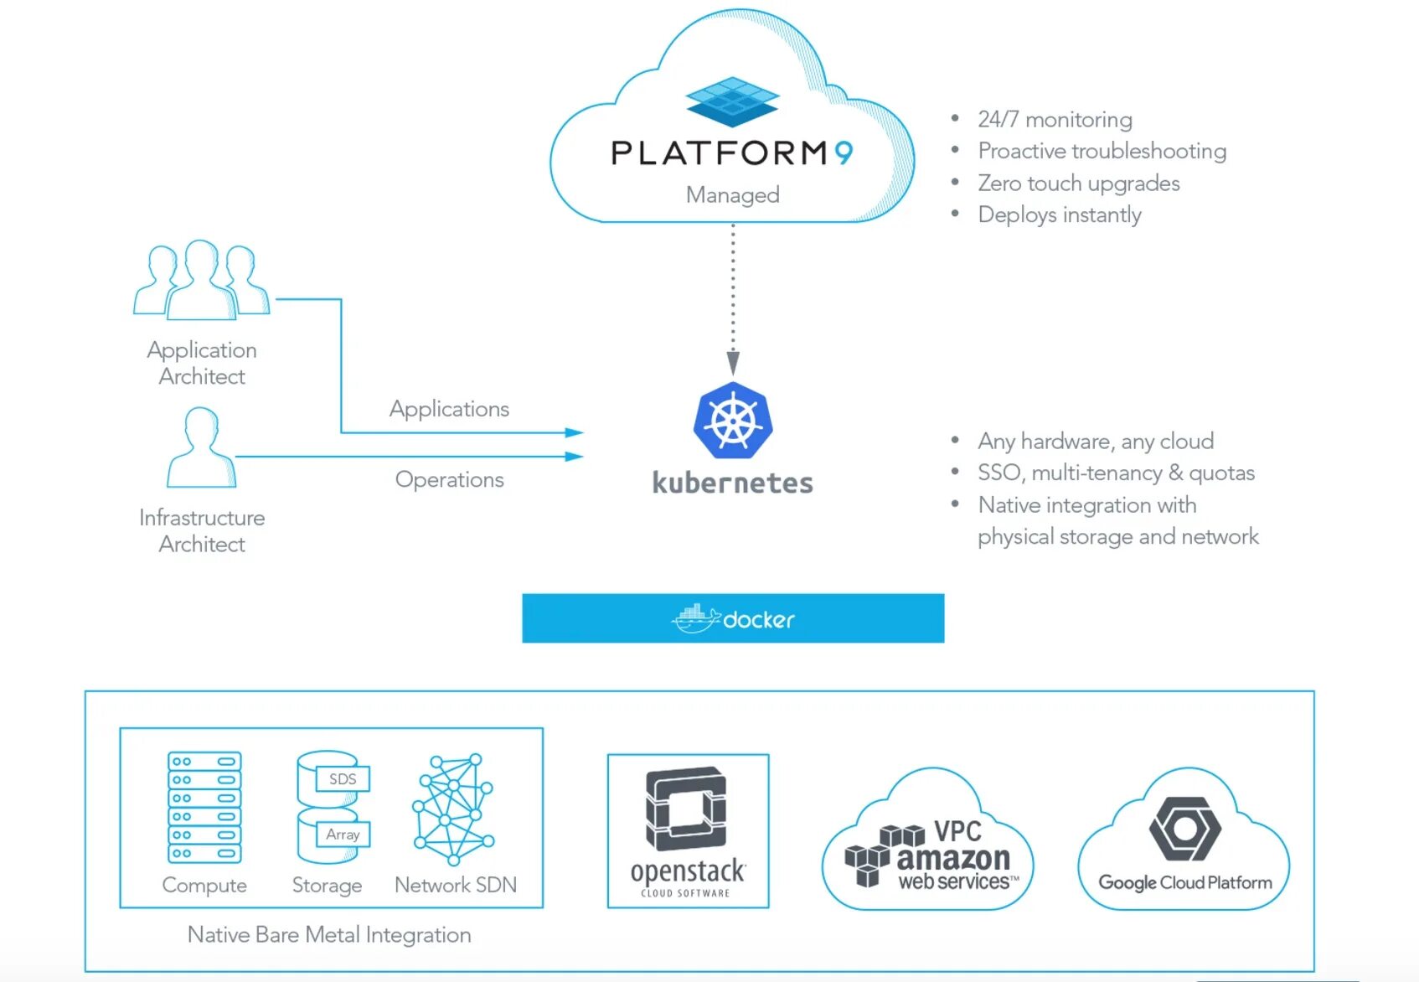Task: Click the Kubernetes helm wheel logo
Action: pyautogui.click(x=733, y=420)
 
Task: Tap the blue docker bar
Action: pyautogui.click(x=733, y=618)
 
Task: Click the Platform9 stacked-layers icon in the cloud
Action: pyautogui.click(x=732, y=101)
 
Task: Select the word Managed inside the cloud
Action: pyautogui.click(x=732, y=194)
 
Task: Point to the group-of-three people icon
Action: pyautogui.click(x=201, y=279)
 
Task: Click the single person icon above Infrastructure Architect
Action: pyautogui.click(x=201, y=447)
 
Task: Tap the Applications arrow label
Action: pyautogui.click(x=449, y=409)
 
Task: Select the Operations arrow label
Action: pyautogui.click(x=449, y=479)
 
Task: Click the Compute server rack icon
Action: pyautogui.click(x=204, y=807)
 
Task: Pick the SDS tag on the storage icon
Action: pyautogui.click(x=343, y=778)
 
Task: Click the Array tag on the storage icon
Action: pyautogui.click(x=343, y=835)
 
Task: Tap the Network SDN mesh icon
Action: pyautogui.click(x=453, y=809)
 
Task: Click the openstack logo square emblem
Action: pyautogui.click(x=686, y=809)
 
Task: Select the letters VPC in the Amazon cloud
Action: pyautogui.click(x=957, y=831)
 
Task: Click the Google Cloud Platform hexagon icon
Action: pyautogui.click(x=1185, y=829)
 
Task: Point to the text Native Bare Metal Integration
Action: pyautogui.click(x=329, y=934)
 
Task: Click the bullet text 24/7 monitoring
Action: pyautogui.click(x=1055, y=119)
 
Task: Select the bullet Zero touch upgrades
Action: pyautogui.click(x=1079, y=183)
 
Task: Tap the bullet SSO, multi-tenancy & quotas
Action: pyautogui.click(x=1117, y=473)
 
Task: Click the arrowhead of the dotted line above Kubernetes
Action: pyautogui.click(x=733, y=363)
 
